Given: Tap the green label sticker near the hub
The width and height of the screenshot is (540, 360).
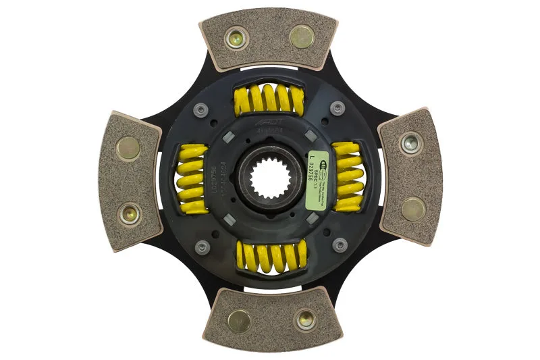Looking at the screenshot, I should [318, 180].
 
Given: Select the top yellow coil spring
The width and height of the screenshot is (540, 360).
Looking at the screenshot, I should [269, 101].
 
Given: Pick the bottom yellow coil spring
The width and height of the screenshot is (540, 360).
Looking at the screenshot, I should [271, 257].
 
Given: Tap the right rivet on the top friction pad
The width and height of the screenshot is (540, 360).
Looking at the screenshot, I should [301, 36].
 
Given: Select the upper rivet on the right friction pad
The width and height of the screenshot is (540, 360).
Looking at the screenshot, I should [410, 143].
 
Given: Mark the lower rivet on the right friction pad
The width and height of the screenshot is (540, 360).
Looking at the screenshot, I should [413, 209].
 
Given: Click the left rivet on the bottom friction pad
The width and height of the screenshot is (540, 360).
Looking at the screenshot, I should [240, 320].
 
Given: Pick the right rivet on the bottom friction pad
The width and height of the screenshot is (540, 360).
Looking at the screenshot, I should [304, 317].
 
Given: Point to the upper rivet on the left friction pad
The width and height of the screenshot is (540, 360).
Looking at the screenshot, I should [128, 148].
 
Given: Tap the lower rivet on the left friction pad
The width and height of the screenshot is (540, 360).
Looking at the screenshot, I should [128, 214].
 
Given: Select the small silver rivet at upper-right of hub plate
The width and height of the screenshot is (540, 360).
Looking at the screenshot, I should [335, 106].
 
